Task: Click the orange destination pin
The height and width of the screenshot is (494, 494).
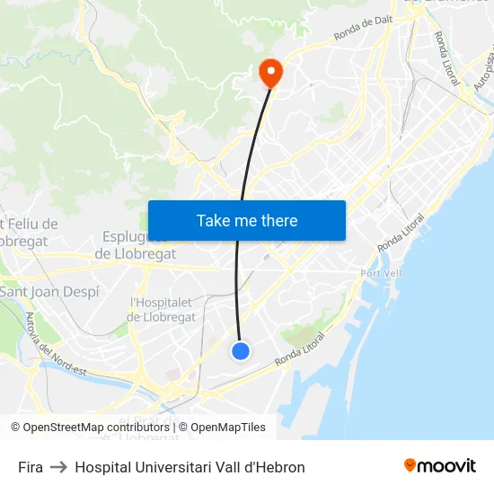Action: coord(269,72)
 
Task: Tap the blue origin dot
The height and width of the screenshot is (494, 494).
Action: coord(241,351)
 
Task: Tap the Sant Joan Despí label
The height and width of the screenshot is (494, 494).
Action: coord(49,292)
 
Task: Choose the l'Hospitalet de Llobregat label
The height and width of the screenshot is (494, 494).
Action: coord(163,310)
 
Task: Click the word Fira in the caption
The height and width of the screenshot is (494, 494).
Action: coord(30,467)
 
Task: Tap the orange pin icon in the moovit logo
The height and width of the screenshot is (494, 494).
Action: coord(410,465)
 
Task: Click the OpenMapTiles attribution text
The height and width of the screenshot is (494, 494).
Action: coord(228,428)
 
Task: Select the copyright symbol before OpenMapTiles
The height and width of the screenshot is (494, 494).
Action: coord(184,428)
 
